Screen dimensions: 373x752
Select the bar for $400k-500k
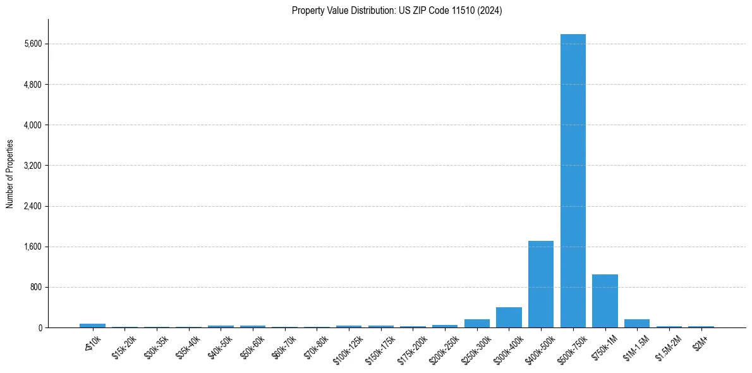(x=541, y=284)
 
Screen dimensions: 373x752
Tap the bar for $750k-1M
(x=605, y=301)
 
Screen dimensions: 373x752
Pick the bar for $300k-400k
(x=509, y=317)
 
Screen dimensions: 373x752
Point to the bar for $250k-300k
(x=476, y=323)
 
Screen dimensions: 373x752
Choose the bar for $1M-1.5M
(x=636, y=323)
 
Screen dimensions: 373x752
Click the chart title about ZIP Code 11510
(x=397, y=11)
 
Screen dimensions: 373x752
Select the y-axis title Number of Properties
(x=10, y=173)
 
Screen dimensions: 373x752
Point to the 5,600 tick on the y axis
(x=32, y=44)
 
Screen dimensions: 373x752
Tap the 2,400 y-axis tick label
(x=32, y=206)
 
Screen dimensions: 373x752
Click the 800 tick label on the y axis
(x=35, y=287)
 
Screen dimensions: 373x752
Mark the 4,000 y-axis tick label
(x=32, y=125)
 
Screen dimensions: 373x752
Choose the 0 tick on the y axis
(x=39, y=327)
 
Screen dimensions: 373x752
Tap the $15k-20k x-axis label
(x=124, y=345)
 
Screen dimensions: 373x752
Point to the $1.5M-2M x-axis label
(x=667, y=345)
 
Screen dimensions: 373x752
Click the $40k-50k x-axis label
(x=220, y=345)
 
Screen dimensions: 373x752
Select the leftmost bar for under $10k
(x=92, y=326)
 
